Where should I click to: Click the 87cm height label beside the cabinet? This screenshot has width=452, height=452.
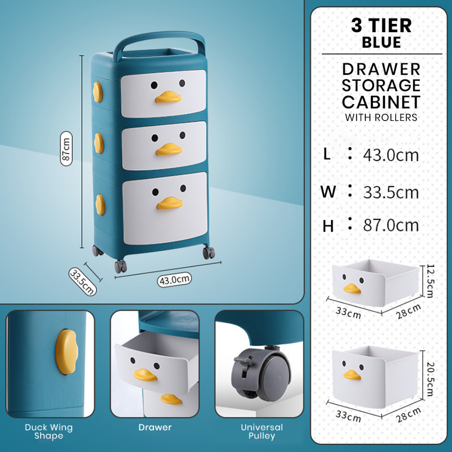point(66,149)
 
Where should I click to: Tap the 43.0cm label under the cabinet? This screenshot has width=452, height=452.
point(174,279)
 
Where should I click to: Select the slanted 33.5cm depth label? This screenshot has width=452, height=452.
point(83,281)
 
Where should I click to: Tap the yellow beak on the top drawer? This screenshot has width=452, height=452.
point(168,97)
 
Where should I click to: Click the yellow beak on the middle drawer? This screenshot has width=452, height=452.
point(169,149)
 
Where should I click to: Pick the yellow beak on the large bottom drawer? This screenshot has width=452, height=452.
point(170,203)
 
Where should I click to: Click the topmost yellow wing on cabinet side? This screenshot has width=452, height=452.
point(98,92)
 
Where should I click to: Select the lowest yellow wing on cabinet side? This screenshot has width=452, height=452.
point(100,205)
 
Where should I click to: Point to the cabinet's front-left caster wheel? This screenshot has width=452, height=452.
point(121,266)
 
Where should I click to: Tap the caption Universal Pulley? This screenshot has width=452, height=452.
point(262,431)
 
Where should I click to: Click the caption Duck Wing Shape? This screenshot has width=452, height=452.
point(49,431)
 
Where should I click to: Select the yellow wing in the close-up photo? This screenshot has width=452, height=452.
point(67,352)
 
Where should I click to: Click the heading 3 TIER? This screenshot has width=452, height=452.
point(381,25)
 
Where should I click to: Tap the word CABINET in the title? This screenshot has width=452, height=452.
point(381,102)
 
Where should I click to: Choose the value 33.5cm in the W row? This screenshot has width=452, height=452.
point(391,192)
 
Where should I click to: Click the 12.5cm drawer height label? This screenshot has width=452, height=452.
point(429,281)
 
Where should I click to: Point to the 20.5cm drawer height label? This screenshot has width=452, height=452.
point(429,379)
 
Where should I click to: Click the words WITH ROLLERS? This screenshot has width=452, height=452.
point(381,117)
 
